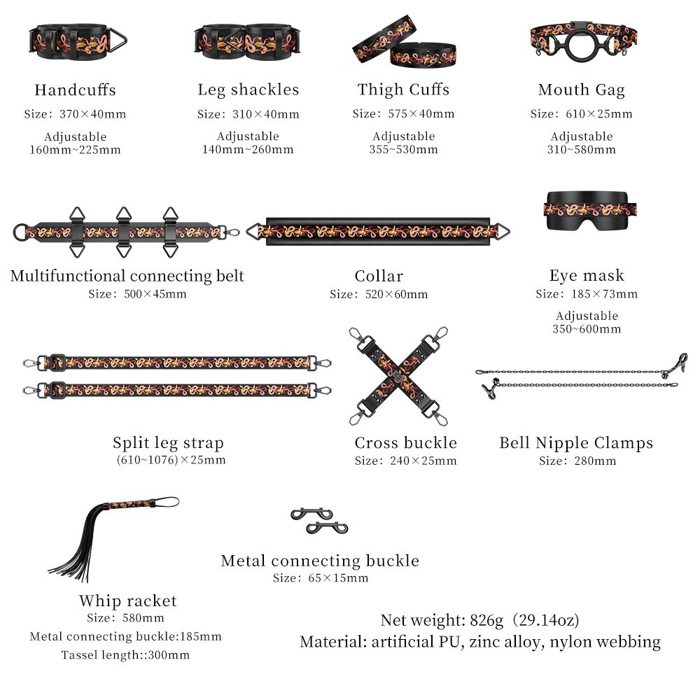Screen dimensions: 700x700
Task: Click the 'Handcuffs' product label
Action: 75,90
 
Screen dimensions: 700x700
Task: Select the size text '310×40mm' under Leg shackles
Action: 265,114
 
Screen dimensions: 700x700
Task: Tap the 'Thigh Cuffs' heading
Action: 403,90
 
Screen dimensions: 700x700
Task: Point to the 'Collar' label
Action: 379,276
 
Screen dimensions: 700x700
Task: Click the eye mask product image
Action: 589,211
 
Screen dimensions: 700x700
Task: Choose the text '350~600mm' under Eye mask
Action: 587,329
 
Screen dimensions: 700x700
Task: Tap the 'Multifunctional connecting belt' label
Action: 127,276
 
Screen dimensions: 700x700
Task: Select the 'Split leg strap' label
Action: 168,443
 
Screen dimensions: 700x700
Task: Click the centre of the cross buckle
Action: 398,376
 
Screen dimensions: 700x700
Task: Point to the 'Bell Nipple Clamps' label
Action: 576,443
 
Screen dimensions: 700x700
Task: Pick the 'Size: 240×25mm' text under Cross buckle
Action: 405,461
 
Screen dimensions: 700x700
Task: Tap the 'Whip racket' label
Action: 127,601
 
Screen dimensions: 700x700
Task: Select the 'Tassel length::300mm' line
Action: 125,655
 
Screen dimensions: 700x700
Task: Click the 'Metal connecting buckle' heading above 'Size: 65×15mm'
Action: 320,561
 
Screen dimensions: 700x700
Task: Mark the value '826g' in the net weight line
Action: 486,620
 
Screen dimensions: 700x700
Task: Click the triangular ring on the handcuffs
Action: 116,40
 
